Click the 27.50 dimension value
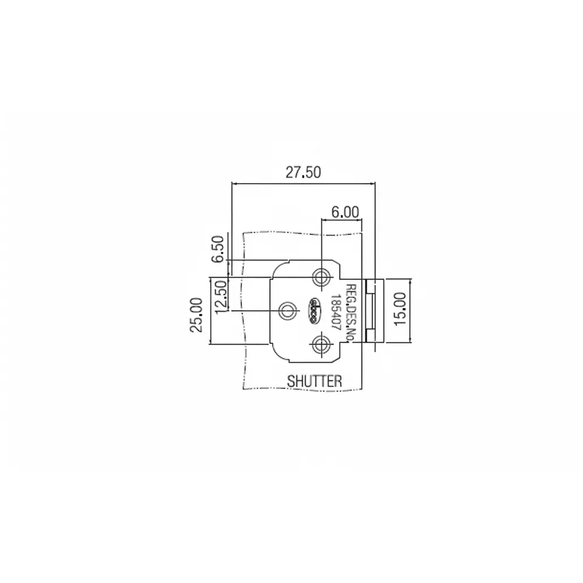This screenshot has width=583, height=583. click(303, 173)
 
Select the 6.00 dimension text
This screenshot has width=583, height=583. click(345, 212)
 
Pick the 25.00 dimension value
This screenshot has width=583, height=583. click(197, 314)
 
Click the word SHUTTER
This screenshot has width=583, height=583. click(314, 381)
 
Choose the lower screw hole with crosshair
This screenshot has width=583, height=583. click(319, 345)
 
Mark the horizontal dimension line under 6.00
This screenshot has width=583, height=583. click(342, 220)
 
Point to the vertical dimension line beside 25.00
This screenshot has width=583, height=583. click(208, 311)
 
